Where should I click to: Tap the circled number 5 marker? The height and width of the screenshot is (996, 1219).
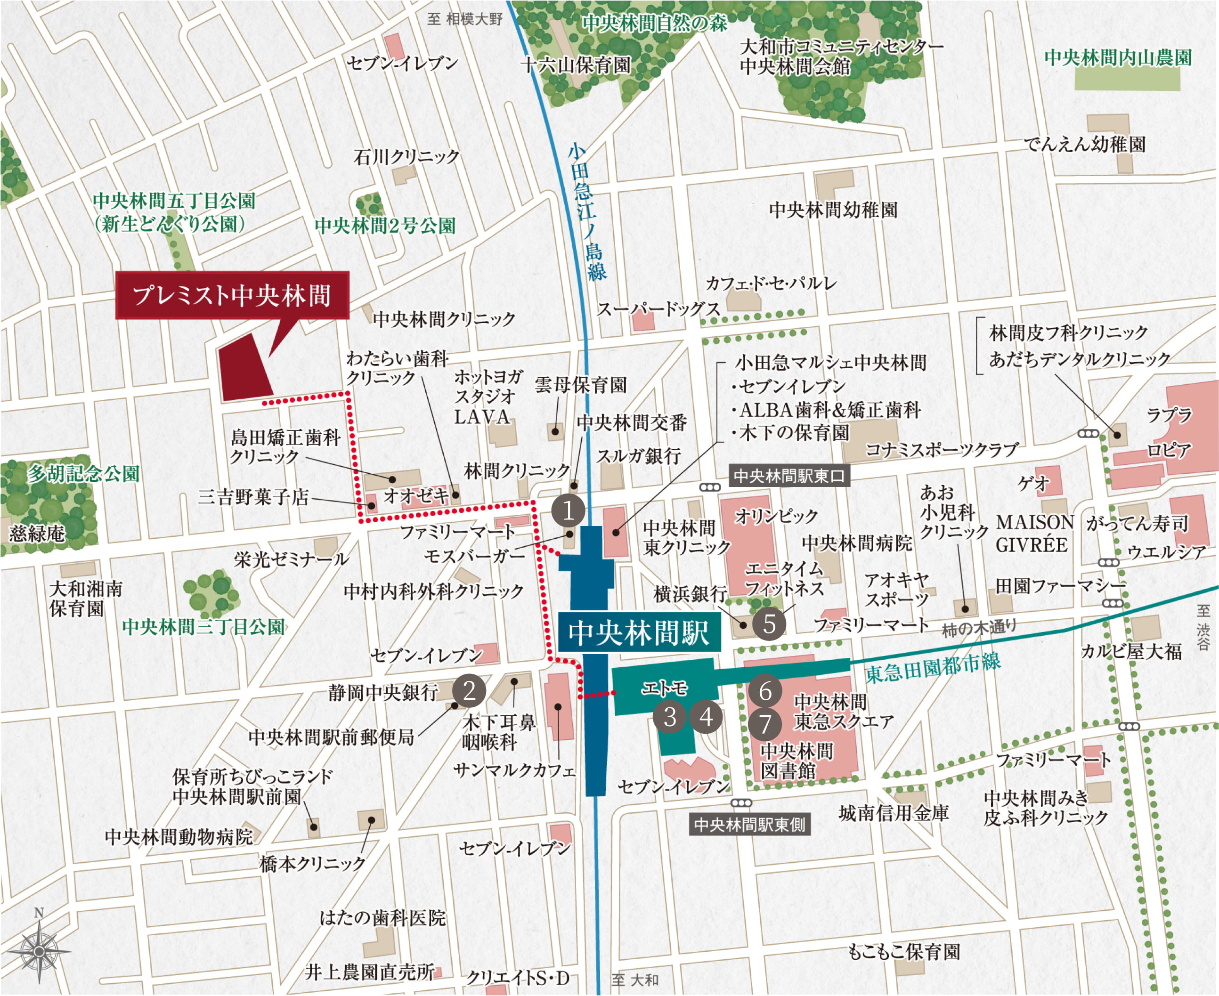point(769,623)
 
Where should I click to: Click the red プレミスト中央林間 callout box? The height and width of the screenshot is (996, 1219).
point(232,295)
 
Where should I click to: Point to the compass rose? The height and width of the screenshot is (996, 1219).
point(39,951)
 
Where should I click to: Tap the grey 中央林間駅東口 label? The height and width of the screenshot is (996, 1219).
point(788,476)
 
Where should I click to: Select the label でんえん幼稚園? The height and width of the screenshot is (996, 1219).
point(1085,144)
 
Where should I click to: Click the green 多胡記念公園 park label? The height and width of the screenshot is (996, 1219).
point(84,474)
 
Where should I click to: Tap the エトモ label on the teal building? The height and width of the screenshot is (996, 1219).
point(664,688)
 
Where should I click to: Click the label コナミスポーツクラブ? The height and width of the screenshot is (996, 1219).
point(941,450)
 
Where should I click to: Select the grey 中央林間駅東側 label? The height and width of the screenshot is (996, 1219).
point(749,825)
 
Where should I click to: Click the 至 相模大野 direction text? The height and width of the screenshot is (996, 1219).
point(464,19)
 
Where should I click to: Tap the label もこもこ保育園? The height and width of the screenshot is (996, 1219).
point(903,952)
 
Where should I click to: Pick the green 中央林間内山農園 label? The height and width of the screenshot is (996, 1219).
point(1117,57)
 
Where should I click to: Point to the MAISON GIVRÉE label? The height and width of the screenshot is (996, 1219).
point(1034,533)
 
